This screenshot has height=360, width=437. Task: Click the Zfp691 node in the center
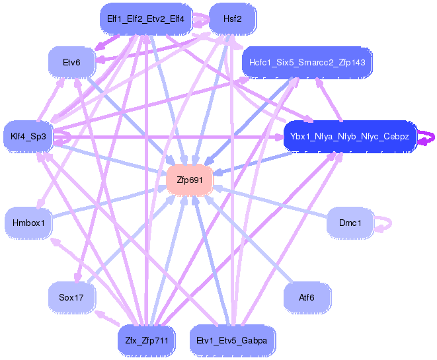189,179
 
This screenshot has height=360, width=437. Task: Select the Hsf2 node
232,19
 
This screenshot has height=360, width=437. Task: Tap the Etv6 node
71,62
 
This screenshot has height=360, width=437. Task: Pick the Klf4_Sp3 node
28,137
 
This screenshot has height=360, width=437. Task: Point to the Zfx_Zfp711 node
146,341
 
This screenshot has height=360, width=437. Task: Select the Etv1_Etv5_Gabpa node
232,341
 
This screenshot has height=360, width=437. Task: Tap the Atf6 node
307,297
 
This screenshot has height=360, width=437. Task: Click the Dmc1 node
350,223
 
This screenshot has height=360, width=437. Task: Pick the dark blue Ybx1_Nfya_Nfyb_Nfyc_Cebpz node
349,137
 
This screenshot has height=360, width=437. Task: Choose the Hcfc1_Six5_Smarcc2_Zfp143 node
307,62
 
